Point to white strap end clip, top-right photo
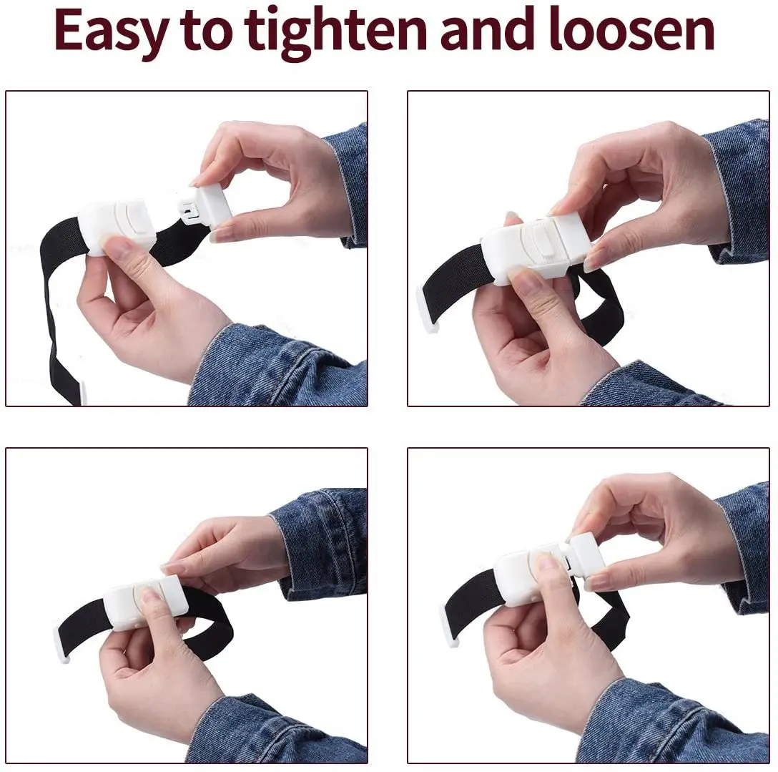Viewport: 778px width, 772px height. [x=425, y=308]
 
